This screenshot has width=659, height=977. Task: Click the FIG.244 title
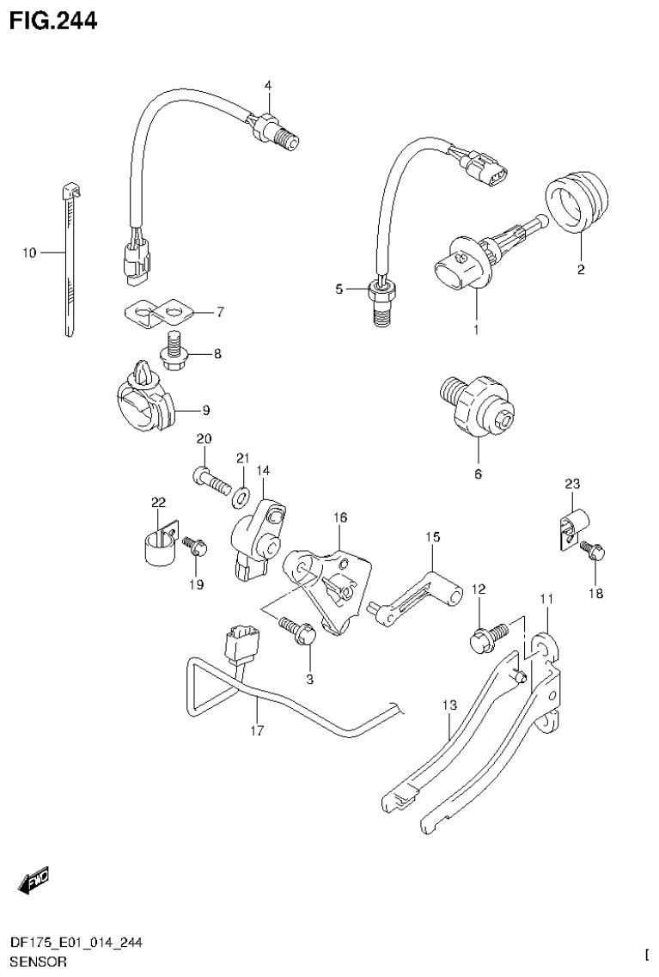point(53,19)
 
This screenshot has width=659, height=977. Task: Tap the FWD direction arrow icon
point(34,878)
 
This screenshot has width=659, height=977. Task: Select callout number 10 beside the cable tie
point(30,253)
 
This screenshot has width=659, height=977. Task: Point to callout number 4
point(267,85)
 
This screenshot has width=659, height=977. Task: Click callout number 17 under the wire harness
point(257,731)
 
